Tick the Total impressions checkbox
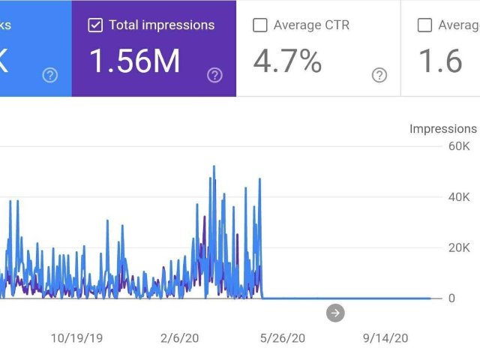pyautogui.click(x=95, y=25)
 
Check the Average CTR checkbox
pyautogui.click(x=260, y=25)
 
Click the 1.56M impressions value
pyautogui.click(x=135, y=61)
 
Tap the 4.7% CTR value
pyautogui.click(x=287, y=61)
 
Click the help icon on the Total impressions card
pyautogui.click(x=215, y=74)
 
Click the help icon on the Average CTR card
pyautogui.click(x=379, y=74)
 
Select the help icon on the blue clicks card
pyautogui.click(x=50, y=74)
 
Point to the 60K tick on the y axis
pyautogui.click(x=459, y=146)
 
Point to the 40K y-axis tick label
pyautogui.click(x=459, y=197)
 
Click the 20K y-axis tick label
pyautogui.click(x=459, y=247)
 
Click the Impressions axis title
pyautogui.click(x=442, y=129)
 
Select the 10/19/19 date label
pyautogui.click(x=76, y=338)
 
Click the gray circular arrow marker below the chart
pyautogui.click(x=335, y=313)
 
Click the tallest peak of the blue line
pyautogui.click(x=214, y=166)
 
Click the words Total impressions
pyautogui.click(x=161, y=25)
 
